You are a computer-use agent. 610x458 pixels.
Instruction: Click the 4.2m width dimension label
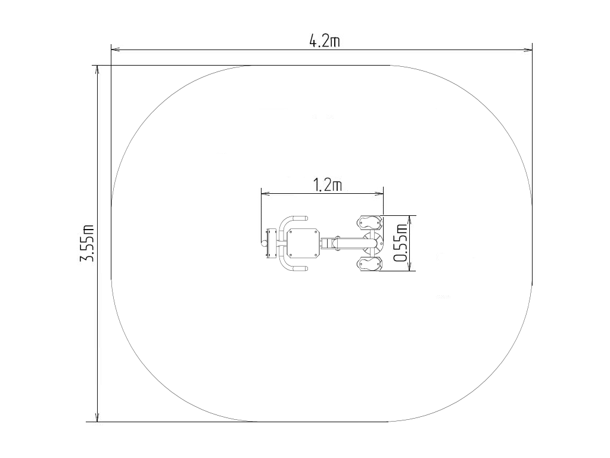324,41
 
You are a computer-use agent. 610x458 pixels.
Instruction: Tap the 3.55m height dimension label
87,243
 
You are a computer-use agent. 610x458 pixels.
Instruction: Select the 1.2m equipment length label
328,185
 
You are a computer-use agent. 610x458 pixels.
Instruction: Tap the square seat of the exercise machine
303,243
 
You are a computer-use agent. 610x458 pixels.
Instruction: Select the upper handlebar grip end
300,218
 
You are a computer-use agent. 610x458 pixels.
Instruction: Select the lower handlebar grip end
300,268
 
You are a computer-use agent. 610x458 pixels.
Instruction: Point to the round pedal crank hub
373,243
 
